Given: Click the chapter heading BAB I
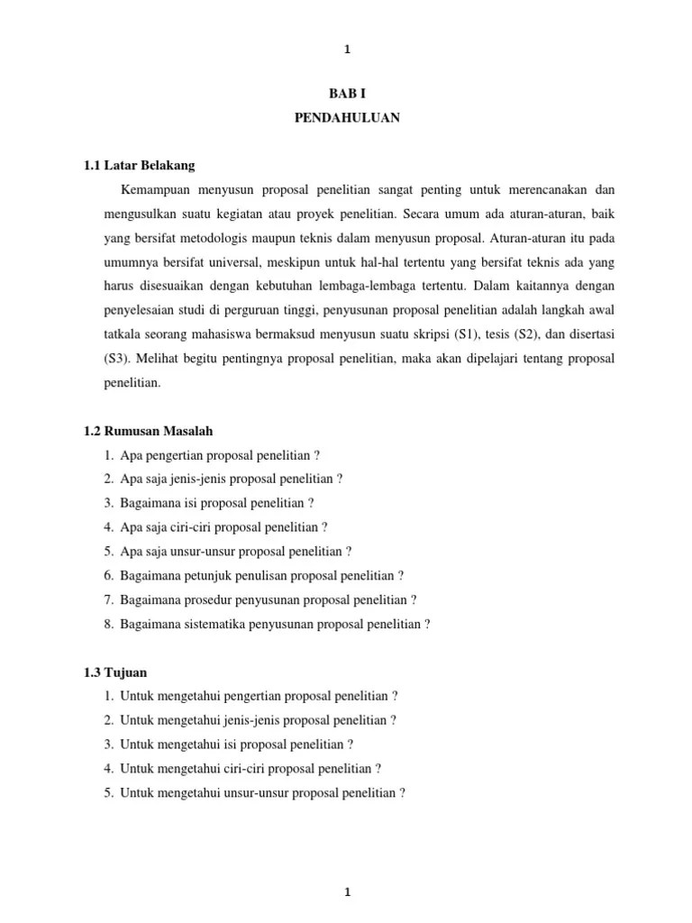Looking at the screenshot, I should click(347, 94).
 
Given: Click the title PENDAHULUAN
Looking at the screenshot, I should click(347, 118).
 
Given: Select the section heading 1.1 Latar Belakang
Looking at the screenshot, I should click(139, 166).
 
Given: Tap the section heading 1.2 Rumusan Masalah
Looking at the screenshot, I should click(148, 431).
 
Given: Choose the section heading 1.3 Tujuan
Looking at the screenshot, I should click(114, 672).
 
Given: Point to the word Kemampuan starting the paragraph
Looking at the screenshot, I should click(157, 190).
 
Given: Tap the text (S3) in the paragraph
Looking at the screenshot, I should click(118, 359).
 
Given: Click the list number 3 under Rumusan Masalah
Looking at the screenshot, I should click(108, 503).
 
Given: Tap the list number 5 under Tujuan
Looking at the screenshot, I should click(108, 793).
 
